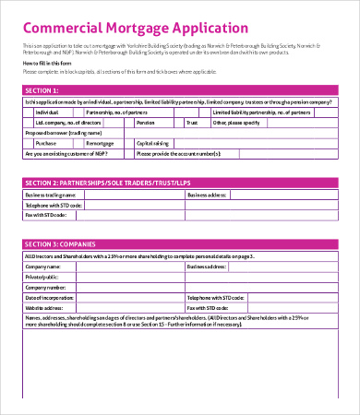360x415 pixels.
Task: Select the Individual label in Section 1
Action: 48,111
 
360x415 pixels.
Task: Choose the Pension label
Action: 145,122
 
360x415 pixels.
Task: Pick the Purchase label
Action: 46,143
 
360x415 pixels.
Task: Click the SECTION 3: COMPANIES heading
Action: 65,243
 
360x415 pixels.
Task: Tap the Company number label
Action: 45,287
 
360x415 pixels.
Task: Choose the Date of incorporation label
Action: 51,298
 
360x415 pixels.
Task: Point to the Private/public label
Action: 42,276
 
